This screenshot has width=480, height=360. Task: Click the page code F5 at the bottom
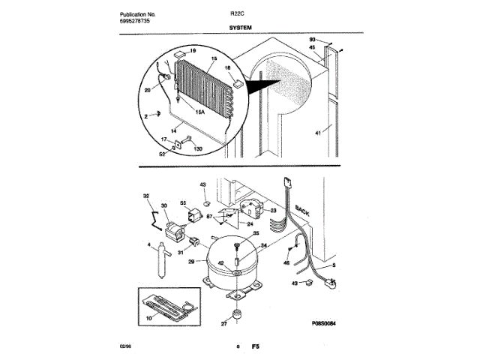pyautogui.click(x=255, y=346)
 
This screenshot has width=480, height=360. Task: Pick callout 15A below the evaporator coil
pyautogui.click(x=200, y=112)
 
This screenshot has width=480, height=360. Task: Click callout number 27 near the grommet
pyautogui.click(x=223, y=323)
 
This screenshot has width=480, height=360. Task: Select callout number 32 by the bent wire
pyautogui.click(x=146, y=196)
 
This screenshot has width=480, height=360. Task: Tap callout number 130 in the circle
pyautogui.click(x=198, y=148)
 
